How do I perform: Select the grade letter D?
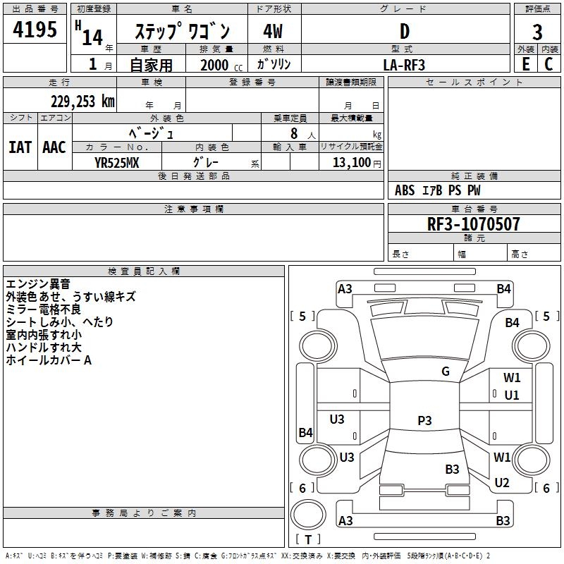coord(404,31)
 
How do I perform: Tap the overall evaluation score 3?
coord(537,33)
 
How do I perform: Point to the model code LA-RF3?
coord(404,64)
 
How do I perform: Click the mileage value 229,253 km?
coord(82,102)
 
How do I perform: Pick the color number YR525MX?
coord(116,161)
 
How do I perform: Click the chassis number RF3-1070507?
coord(474,224)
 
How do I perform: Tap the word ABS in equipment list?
coord(405,190)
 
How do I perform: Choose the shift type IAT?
coord(20,147)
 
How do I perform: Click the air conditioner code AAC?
coord(54,147)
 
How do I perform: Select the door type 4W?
coord(273,31)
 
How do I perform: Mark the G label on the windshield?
coord(445,372)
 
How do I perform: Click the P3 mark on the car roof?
coord(424,420)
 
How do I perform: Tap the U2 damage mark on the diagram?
coord(502,483)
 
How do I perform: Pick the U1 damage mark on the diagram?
coord(512,395)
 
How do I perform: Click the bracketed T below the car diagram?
coord(308,539)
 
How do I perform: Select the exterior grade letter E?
coord(525,64)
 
